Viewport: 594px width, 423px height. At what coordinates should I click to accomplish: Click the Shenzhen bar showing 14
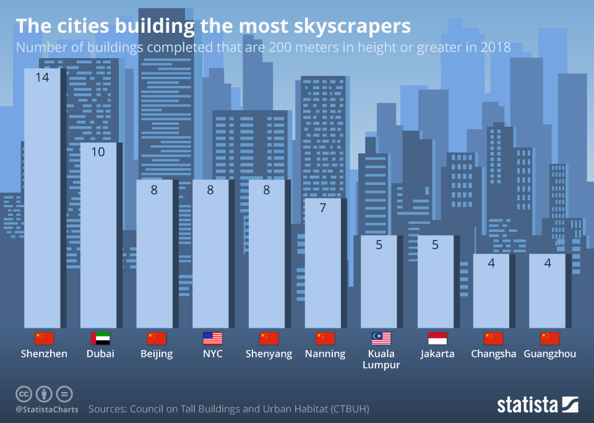42,198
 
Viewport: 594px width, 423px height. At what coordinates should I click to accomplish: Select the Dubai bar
98,235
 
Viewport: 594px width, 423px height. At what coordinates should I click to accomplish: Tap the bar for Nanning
322,263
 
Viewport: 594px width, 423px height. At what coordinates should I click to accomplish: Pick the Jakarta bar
435,281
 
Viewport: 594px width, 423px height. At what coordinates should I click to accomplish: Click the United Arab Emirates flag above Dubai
100,338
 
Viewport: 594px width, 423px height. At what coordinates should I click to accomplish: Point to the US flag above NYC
212,338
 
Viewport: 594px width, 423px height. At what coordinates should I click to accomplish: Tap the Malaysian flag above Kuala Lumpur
381,338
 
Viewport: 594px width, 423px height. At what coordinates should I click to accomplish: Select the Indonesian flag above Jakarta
437,338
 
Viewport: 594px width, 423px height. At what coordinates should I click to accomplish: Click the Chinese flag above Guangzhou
549,338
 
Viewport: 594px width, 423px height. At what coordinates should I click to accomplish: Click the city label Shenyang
269,354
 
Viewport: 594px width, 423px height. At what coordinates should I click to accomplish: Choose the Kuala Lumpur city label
381,359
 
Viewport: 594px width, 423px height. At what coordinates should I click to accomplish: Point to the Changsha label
493,354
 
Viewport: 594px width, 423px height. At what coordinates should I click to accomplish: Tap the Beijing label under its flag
157,354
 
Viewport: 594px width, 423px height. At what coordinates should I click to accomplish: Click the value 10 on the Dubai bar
98,152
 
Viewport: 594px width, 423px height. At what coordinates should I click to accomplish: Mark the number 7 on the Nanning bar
322,208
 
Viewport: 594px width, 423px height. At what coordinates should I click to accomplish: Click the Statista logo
537,405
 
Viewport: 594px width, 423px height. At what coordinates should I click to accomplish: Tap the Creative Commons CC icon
24,394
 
